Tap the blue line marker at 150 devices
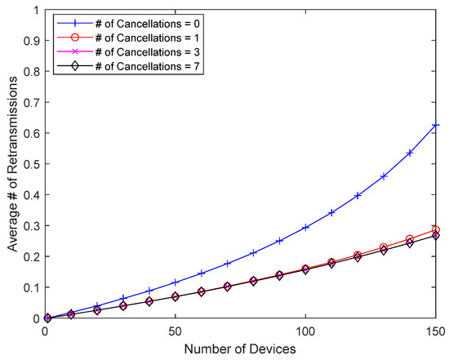[x=436, y=125]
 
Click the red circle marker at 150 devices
[x=436, y=230]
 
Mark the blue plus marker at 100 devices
[x=305, y=227]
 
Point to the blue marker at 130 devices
[x=384, y=176]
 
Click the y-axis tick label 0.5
[x=30, y=164]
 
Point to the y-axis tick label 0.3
[x=30, y=225]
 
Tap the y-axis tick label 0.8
[x=30, y=72]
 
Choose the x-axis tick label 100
[x=305, y=333]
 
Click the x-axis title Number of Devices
[x=240, y=349]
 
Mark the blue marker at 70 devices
[x=227, y=264]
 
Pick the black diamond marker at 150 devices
[x=436, y=236]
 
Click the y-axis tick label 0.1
[x=30, y=287]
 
